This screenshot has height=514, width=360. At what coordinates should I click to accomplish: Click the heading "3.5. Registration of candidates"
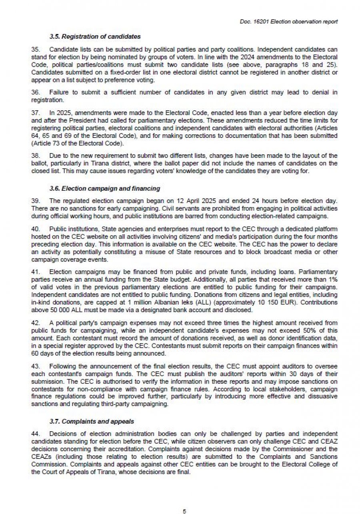(95, 37)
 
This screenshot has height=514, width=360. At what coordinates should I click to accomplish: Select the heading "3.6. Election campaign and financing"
(104, 188)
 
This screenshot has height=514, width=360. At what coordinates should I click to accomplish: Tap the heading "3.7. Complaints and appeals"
(92, 421)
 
